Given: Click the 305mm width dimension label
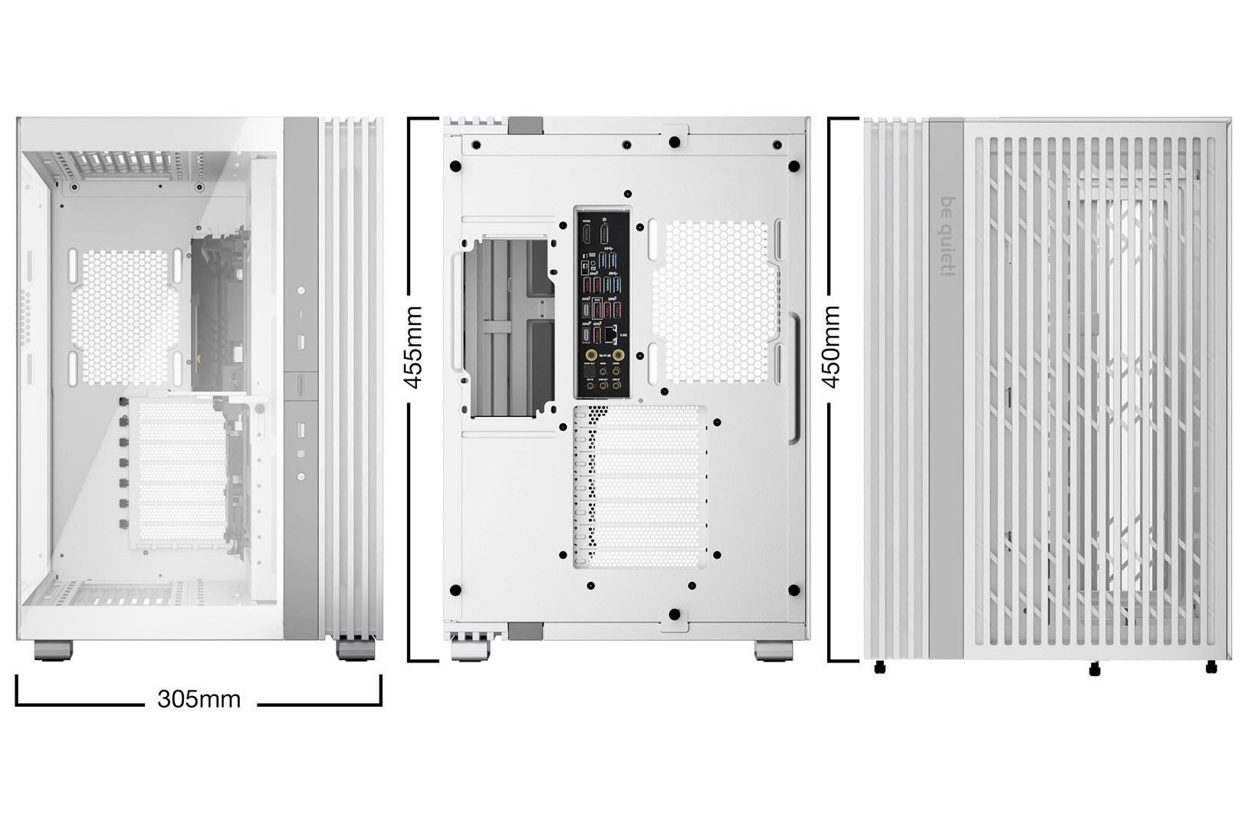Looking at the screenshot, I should (x=199, y=698).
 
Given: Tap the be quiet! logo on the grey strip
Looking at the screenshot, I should (x=946, y=238).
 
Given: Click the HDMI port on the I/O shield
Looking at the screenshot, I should (x=587, y=233).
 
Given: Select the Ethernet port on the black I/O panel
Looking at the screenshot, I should (x=611, y=334).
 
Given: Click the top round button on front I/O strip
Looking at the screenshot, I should (x=301, y=291).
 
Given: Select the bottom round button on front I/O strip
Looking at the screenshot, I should (x=301, y=476).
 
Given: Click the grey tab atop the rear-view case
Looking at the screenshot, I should (x=526, y=124).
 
